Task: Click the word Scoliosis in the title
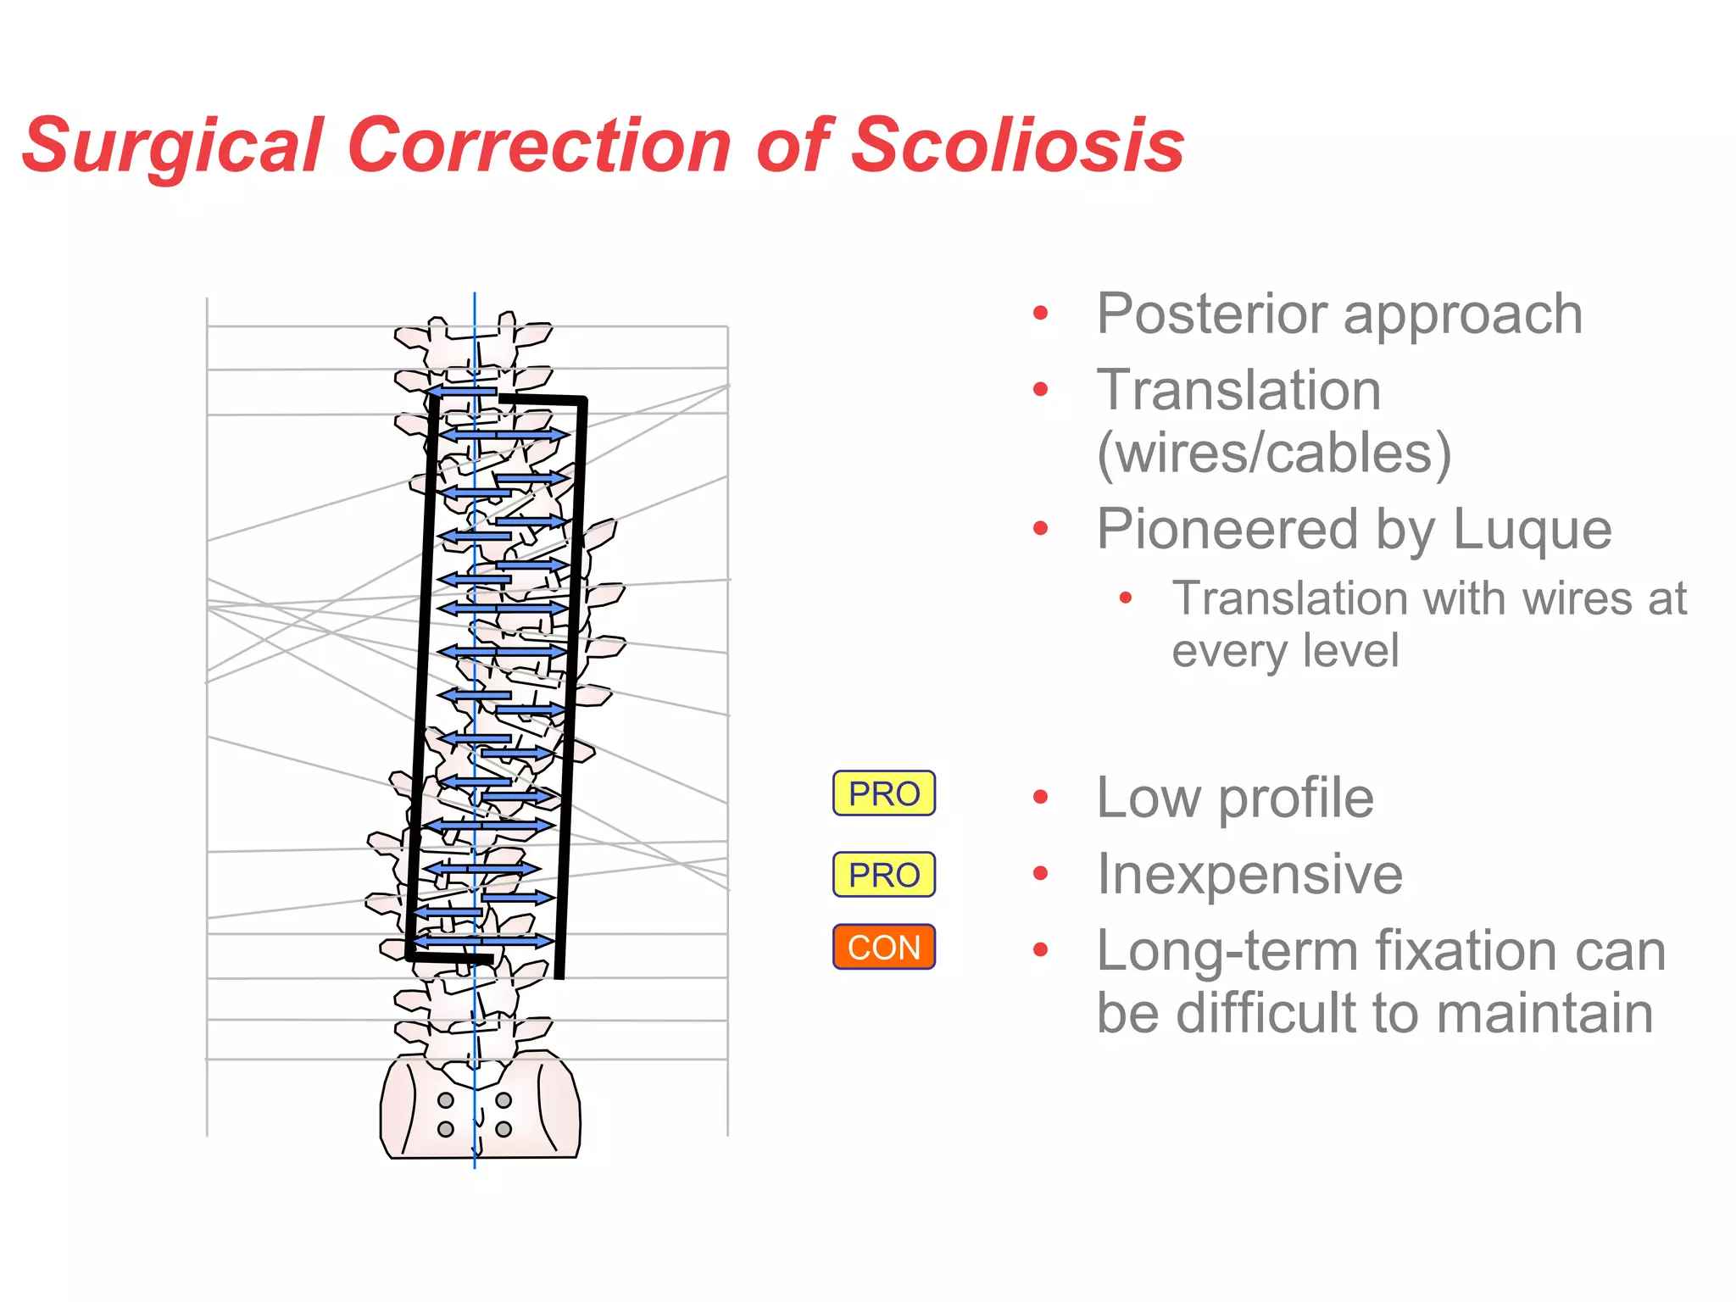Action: pos(1016,146)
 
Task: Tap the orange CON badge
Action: pos(883,947)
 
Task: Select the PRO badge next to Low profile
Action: pos(883,793)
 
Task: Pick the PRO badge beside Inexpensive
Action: pos(883,875)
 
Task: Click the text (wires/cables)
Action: pos(1273,453)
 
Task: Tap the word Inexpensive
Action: pos(1249,875)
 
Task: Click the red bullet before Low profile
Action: pos(1041,797)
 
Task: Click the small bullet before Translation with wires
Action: pos(1126,598)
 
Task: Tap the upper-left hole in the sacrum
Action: pos(446,1100)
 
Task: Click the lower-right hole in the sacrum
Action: pos(504,1129)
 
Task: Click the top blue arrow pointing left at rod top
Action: pos(462,392)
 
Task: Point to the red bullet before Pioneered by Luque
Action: pos(1041,530)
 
